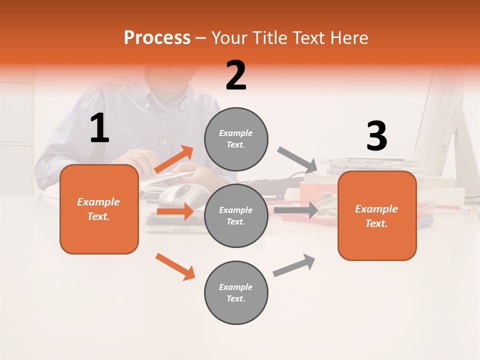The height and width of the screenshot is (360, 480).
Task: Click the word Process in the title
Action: click(x=157, y=38)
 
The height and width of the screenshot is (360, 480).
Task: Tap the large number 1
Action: click(x=99, y=128)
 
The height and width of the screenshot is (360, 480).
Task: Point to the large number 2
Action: click(x=236, y=75)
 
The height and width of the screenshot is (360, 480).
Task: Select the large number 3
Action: click(x=376, y=136)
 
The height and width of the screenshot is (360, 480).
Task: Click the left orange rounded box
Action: click(x=99, y=209)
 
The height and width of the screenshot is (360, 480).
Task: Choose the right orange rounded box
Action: click(x=377, y=215)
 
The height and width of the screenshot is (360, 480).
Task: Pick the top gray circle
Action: click(x=236, y=139)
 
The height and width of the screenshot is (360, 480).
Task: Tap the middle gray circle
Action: click(x=236, y=215)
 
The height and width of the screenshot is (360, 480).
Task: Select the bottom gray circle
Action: click(x=236, y=292)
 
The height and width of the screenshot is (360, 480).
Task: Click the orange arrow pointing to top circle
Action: click(x=174, y=159)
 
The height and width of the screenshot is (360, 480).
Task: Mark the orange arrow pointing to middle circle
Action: click(x=175, y=211)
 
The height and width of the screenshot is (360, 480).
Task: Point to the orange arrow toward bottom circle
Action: click(x=175, y=266)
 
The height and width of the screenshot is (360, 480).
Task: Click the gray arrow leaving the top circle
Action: click(x=297, y=159)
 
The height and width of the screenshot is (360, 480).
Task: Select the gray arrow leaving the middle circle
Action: click(x=296, y=210)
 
